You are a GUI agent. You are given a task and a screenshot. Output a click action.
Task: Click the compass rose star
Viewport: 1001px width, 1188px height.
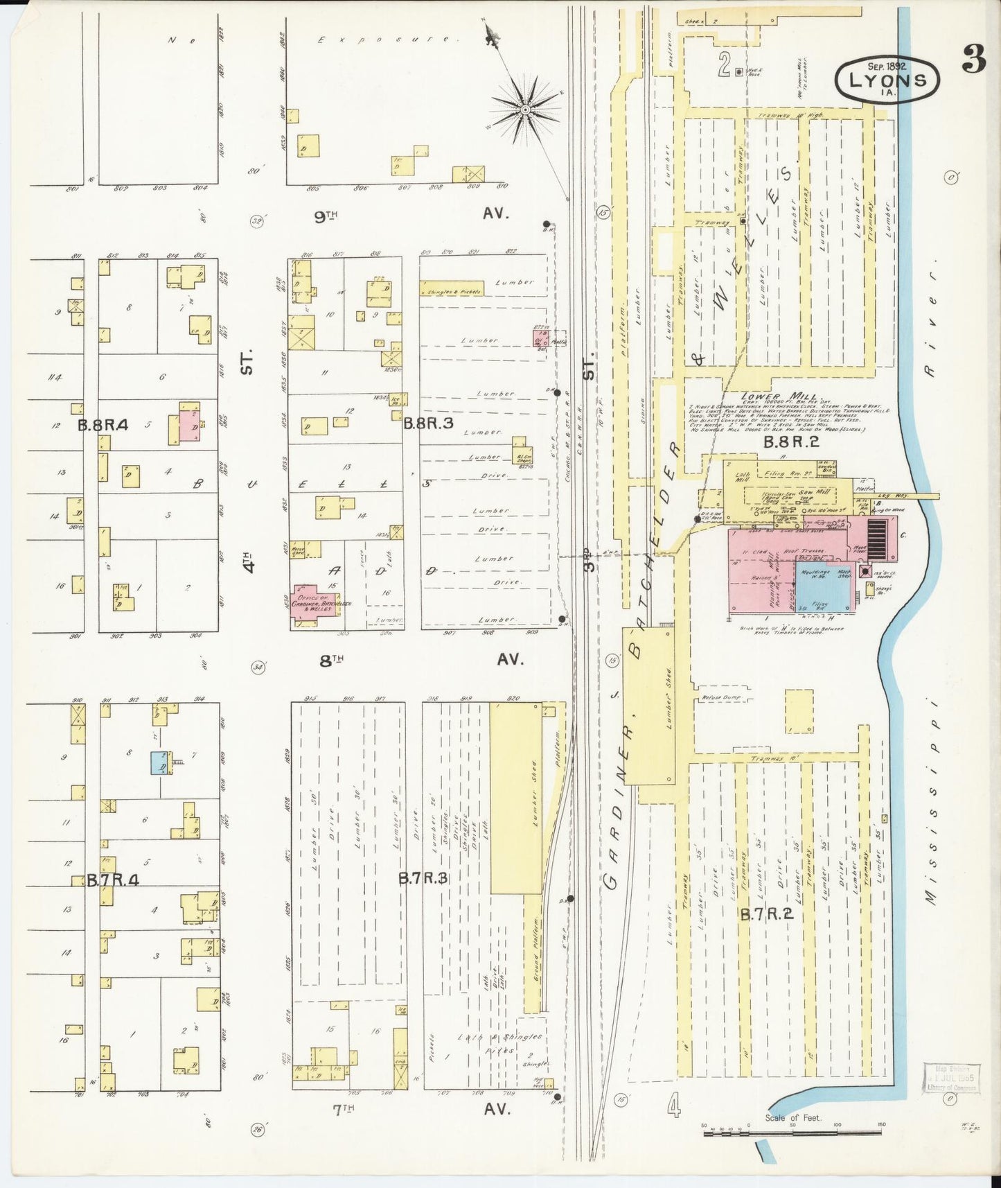(x=525, y=110)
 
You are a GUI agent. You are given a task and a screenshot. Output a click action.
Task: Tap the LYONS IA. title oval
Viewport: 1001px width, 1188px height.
(x=887, y=80)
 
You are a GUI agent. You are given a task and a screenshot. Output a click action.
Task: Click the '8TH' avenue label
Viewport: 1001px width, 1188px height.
(x=331, y=660)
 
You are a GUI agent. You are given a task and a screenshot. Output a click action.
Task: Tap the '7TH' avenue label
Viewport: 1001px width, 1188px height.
(x=343, y=1108)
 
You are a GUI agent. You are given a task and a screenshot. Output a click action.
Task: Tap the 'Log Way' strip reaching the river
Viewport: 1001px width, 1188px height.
(x=907, y=496)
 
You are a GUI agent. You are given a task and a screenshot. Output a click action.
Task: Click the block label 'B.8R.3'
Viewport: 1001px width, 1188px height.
(x=428, y=422)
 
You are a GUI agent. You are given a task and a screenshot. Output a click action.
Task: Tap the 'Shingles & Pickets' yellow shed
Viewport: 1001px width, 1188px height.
(x=450, y=292)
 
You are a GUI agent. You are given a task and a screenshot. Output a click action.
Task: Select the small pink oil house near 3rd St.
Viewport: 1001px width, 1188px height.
(x=540, y=338)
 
